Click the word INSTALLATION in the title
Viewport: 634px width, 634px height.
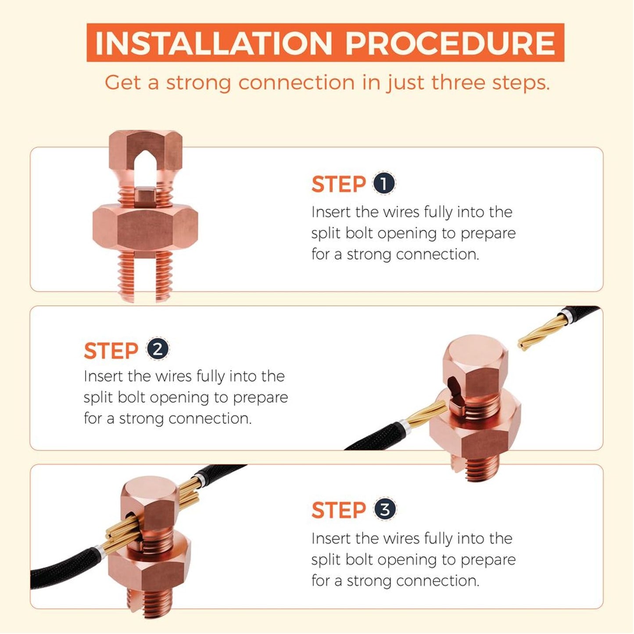tap(213, 43)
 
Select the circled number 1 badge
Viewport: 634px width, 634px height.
tap(384, 183)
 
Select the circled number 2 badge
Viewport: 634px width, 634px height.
tap(158, 349)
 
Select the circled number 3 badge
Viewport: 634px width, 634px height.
tap(385, 510)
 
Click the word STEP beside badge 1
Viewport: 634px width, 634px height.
tap(339, 184)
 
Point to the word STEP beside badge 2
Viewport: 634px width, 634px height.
tap(111, 351)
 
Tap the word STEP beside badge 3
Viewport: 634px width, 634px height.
tap(339, 510)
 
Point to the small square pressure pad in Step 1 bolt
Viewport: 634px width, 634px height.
tap(145, 197)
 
